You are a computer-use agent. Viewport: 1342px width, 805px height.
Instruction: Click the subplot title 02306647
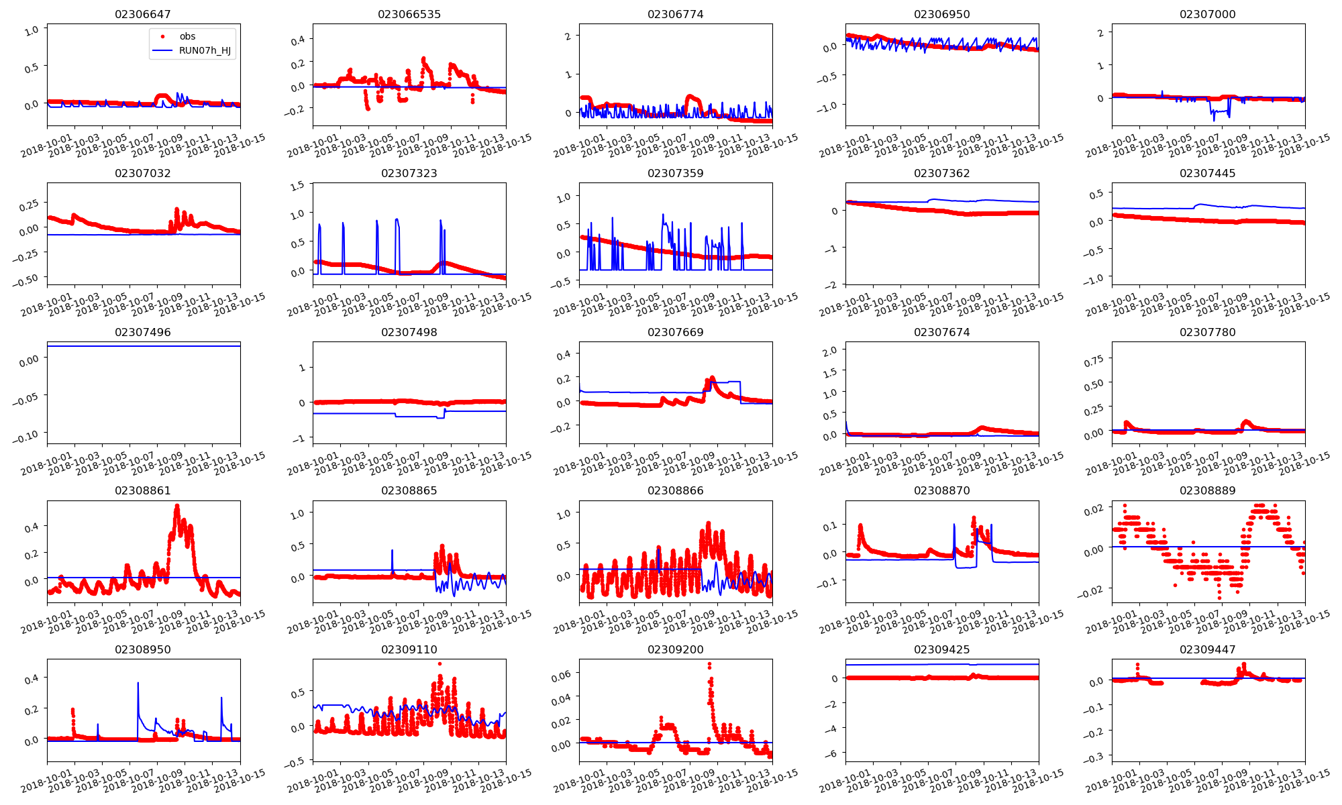pyautogui.click(x=143, y=14)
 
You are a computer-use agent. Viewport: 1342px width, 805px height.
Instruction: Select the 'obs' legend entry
pyautogui.click(x=187, y=36)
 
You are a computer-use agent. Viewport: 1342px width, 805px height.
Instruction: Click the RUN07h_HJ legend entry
pyautogui.click(x=204, y=50)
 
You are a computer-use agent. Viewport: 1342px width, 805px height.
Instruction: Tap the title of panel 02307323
pyautogui.click(x=409, y=173)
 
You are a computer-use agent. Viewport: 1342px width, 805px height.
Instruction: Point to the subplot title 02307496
pyautogui.click(x=143, y=332)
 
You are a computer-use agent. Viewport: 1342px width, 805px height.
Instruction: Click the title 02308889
pyautogui.click(x=1207, y=490)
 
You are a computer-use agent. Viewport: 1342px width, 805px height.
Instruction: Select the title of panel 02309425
pyautogui.click(x=941, y=649)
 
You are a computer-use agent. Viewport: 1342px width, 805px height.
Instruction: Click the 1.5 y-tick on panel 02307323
pyautogui.click(x=297, y=186)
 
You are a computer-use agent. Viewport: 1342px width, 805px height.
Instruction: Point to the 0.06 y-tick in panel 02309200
pyautogui.click(x=560, y=676)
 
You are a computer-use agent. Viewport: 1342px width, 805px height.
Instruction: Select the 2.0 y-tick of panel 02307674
pyautogui.click(x=829, y=351)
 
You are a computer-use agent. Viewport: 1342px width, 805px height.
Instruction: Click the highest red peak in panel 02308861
pyautogui.click(x=177, y=506)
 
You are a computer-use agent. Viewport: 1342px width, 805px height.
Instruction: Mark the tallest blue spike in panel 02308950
pyautogui.click(x=138, y=683)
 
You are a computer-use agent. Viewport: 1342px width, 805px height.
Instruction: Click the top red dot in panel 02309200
pyautogui.click(x=709, y=664)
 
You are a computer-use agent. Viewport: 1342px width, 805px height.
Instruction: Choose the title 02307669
pyautogui.click(x=675, y=332)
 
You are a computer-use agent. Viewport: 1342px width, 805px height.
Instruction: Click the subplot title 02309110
pyautogui.click(x=409, y=649)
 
